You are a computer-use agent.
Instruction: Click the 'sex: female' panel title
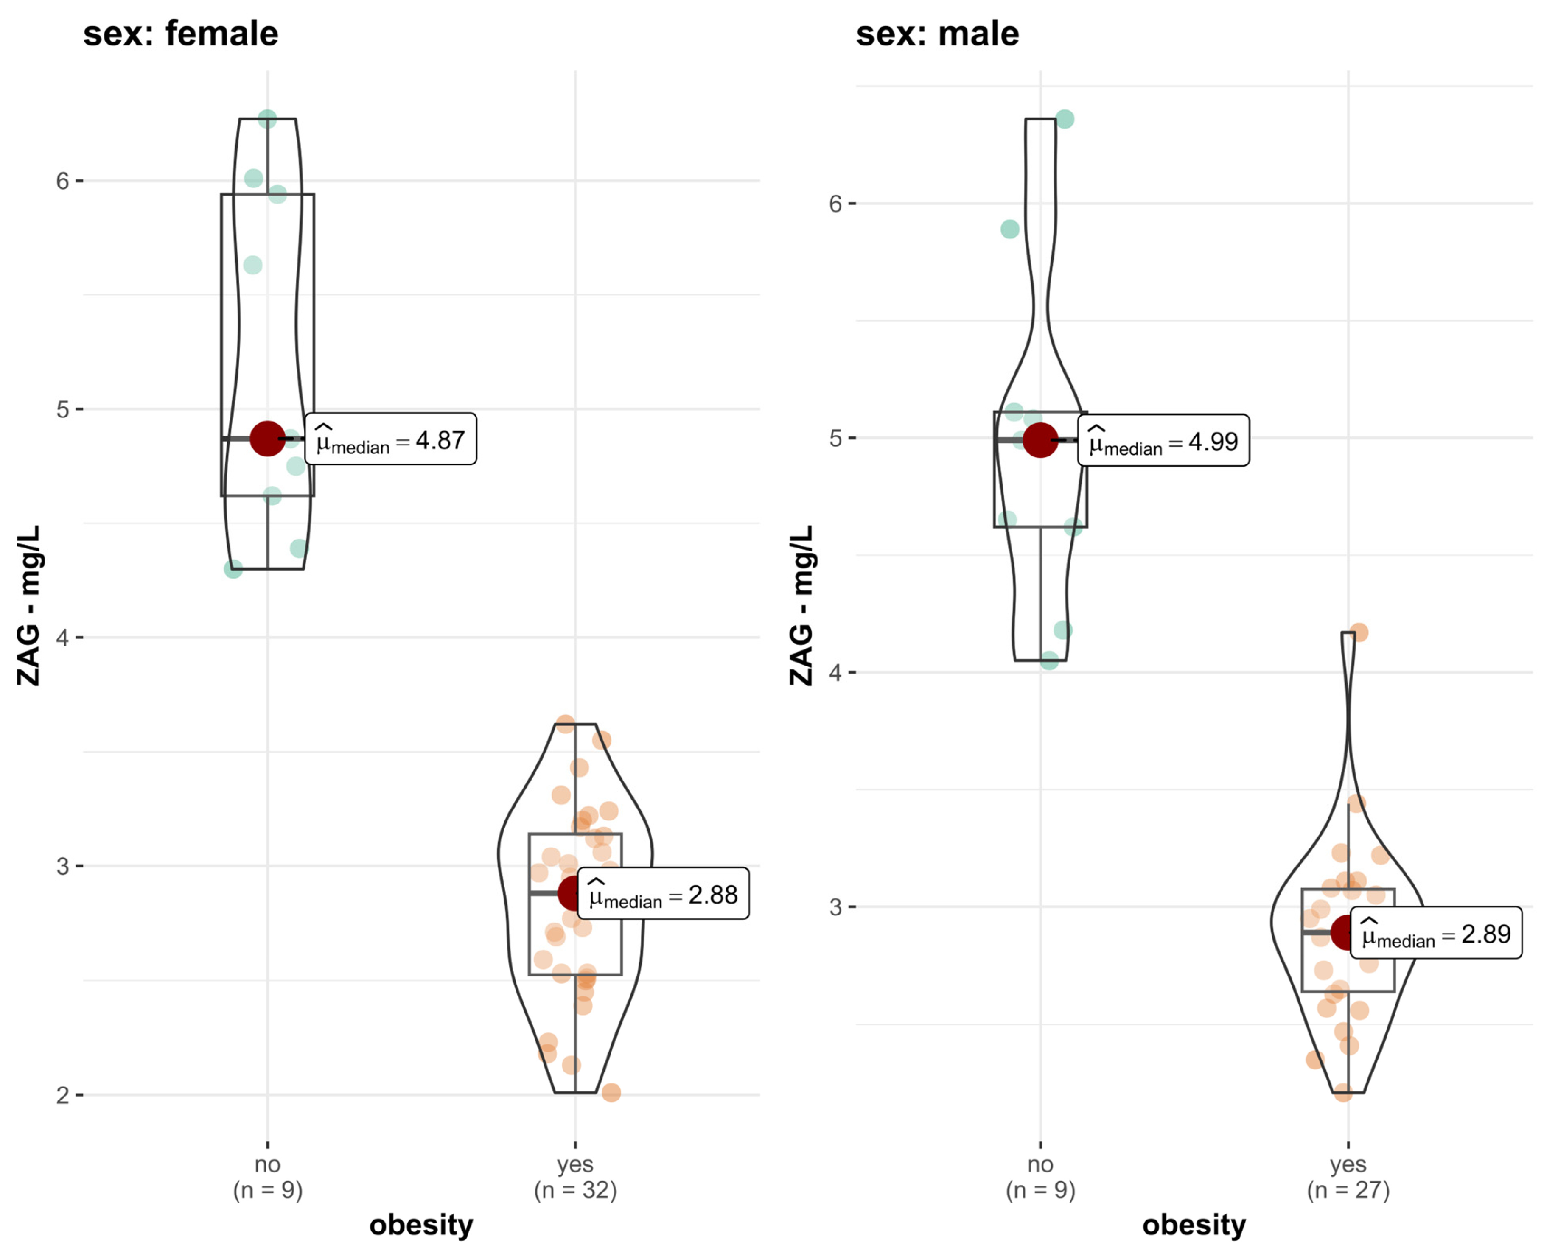click(x=181, y=34)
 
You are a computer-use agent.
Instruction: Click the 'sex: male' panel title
click(x=937, y=34)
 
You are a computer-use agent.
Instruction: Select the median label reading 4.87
click(x=391, y=439)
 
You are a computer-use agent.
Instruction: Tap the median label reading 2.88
click(x=663, y=893)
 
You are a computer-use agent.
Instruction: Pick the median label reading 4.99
click(x=1163, y=440)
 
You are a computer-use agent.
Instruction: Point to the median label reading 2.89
click(x=1436, y=933)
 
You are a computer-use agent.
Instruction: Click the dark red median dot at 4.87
click(x=268, y=439)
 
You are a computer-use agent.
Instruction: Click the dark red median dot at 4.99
click(x=1040, y=440)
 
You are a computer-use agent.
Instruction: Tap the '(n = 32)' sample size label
click(x=575, y=1190)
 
